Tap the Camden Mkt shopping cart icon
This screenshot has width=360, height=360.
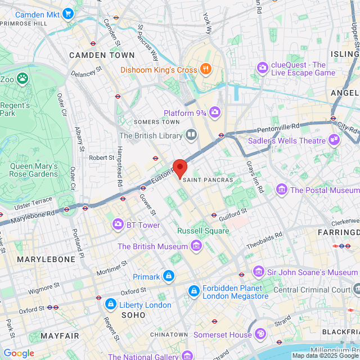pos(68,13)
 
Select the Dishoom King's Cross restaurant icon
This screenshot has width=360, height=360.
pos(206,70)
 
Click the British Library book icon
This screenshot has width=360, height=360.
pos(191,135)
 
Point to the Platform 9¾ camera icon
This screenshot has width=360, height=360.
pos(215,113)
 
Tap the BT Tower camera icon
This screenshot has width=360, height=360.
pos(118,225)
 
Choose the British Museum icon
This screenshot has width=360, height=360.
pos(196,246)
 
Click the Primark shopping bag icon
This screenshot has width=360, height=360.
pos(168,276)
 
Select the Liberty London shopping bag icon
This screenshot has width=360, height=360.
pos(110,305)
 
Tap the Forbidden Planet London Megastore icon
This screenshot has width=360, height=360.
pos(193,290)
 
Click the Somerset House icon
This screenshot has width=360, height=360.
pos(260,334)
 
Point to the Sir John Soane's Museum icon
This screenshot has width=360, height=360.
pos(258,272)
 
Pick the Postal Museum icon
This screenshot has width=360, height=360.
pos(281,190)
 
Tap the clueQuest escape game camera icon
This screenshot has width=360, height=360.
pos(263,68)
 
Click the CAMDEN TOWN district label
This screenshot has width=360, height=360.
pos(102,55)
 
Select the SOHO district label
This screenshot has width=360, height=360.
pos(134,316)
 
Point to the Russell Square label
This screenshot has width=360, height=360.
pos(203,231)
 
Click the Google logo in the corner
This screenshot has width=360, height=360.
pos(19,353)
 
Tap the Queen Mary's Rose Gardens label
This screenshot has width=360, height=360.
pos(34,170)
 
